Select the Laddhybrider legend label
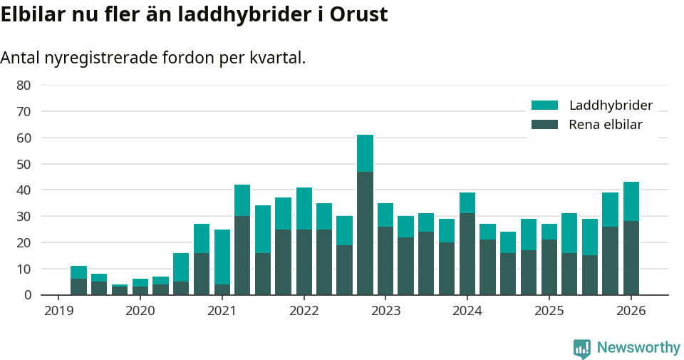[611, 106]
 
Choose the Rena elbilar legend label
[605, 125]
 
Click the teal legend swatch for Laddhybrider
[544, 106]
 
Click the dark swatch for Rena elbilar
[544, 125]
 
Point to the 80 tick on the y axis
[24, 86]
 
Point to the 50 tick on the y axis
[24, 164]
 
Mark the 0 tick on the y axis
[27, 295]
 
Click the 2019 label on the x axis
[58, 311]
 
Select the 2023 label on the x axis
[385, 311]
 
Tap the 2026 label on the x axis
[631, 311]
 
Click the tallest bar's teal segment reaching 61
[365, 153]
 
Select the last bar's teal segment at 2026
[631, 202]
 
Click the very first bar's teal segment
[78, 272]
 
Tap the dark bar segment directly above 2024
[467, 254]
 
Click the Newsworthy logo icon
[582, 348]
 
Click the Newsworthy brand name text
[638, 348]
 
